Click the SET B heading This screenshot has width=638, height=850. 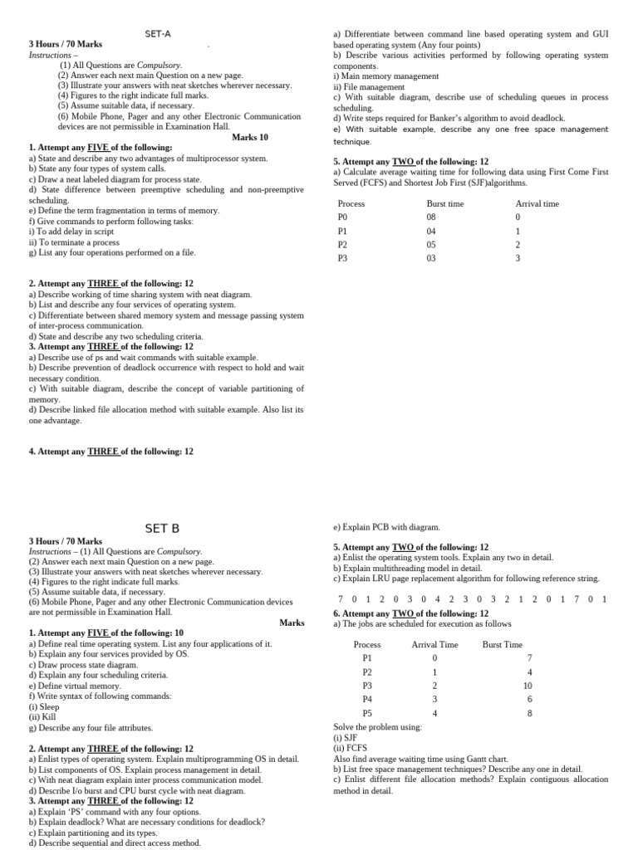pyautogui.click(x=162, y=528)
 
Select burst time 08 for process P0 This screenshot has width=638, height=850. pyautogui.click(x=431, y=217)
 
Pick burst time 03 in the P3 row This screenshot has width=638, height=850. pyautogui.click(x=431, y=258)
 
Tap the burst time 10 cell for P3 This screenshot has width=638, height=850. pyautogui.click(x=527, y=686)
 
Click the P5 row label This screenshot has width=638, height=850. pyautogui.click(x=367, y=713)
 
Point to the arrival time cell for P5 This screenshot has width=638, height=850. pyautogui.click(x=434, y=713)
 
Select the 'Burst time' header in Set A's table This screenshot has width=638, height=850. pyautogui.click(x=445, y=203)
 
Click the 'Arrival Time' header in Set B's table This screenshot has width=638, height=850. pyautogui.click(x=434, y=644)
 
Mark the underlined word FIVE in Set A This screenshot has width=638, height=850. pyautogui.click(x=99, y=148)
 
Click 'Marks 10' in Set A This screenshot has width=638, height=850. pyautogui.click(x=250, y=137)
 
